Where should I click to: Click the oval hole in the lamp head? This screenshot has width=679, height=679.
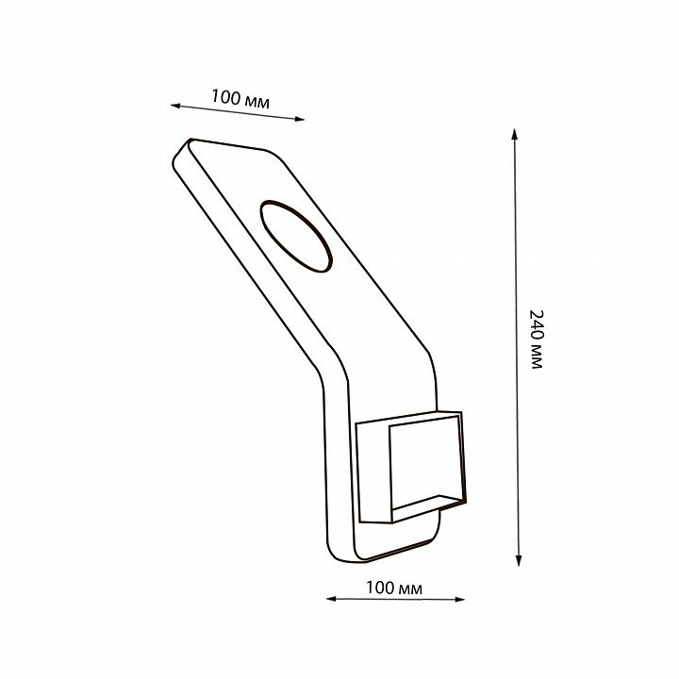296,237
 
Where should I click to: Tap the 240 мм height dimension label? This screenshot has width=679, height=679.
536,339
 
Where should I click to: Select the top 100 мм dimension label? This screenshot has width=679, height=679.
240,99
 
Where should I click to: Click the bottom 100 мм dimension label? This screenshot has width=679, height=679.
394,588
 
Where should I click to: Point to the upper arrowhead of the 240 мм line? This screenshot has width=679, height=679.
515,133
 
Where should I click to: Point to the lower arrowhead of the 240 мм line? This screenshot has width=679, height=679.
519,562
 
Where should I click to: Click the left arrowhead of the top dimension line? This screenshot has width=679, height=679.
174,106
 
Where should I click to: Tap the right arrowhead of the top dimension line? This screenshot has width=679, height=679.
300,119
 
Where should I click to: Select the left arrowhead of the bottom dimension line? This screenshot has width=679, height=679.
331,599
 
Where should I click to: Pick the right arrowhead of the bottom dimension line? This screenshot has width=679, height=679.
460,600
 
